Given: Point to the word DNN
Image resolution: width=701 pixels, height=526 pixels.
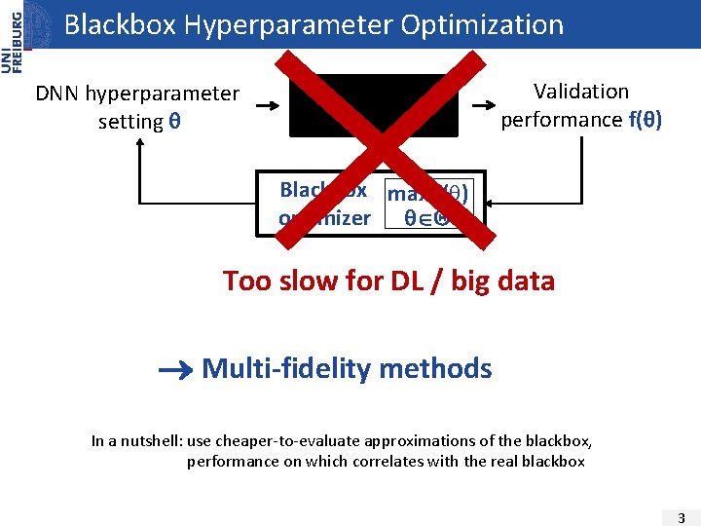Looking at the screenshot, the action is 58,94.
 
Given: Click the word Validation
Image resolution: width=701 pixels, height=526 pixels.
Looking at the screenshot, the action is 581,92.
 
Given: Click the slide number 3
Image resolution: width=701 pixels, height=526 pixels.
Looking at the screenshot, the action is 681,516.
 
